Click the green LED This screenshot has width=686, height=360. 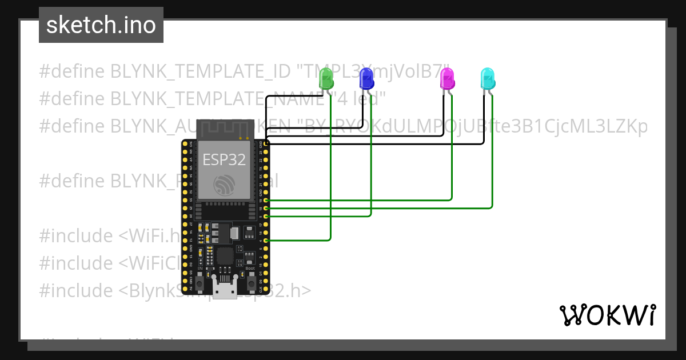pyautogui.click(x=325, y=78)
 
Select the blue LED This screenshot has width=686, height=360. pyautogui.click(x=366, y=78)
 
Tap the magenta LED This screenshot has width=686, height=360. pyautogui.click(x=447, y=78)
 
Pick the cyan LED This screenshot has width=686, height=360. pyautogui.click(x=487, y=78)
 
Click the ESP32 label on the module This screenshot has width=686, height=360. pyautogui.click(x=224, y=160)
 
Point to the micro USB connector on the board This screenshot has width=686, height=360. pyautogui.click(x=224, y=289)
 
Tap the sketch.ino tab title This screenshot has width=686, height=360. pyautogui.click(x=101, y=25)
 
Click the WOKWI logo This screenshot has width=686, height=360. pyautogui.click(x=607, y=315)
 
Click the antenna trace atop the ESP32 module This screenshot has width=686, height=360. pyautogui.click(x=224, y=130)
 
